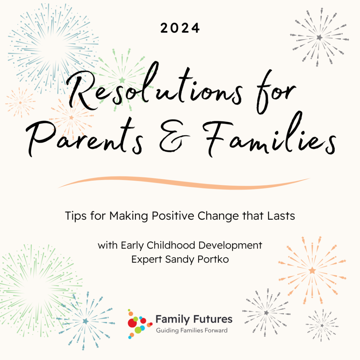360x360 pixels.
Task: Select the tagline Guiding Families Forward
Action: pyautogui.click(x=192, y=330)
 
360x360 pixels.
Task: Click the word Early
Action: pyautogui.click(x=128, y=245)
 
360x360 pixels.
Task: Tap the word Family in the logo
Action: pyautogui.click(x=173, y=319)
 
